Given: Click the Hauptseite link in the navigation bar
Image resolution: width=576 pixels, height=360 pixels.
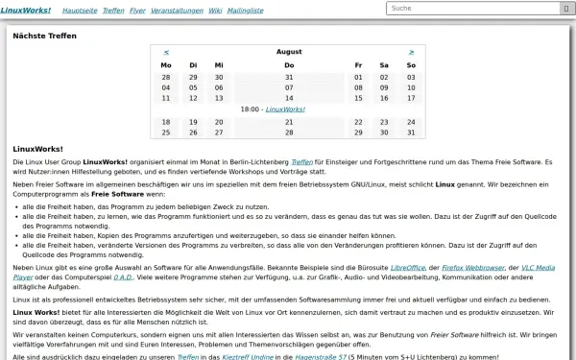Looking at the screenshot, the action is (80, 9).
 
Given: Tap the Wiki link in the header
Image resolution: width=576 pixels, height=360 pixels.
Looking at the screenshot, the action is (229, 9).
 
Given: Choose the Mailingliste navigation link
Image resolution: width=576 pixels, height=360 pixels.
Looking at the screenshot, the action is (265, 9).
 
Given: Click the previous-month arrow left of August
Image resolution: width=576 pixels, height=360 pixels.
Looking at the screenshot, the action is (166, 52).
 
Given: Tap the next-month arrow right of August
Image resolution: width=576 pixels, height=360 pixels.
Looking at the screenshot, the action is (411, 52).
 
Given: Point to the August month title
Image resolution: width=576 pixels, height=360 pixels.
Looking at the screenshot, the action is (288, 52).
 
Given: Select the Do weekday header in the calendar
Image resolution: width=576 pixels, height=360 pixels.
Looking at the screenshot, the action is (288, 65).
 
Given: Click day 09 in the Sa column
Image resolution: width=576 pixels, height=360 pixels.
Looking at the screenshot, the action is (384, 87).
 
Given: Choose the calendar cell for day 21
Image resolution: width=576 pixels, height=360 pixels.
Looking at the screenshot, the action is (288, 122).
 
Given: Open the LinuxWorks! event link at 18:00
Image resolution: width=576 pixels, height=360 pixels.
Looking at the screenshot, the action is (285, 109).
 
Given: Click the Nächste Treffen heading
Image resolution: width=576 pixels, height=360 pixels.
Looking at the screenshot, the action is (45, 36).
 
